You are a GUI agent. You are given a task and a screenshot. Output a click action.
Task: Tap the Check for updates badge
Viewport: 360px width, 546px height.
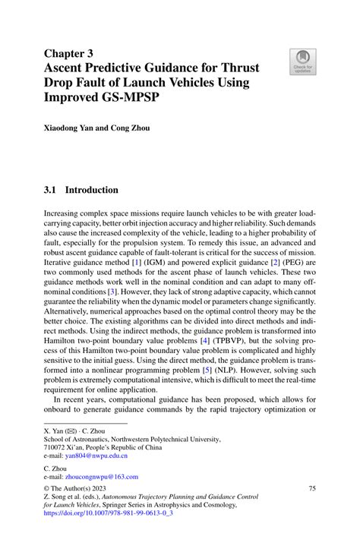tap(302, 62)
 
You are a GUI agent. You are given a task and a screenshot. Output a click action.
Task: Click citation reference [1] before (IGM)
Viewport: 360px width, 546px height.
tap(137, 261)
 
